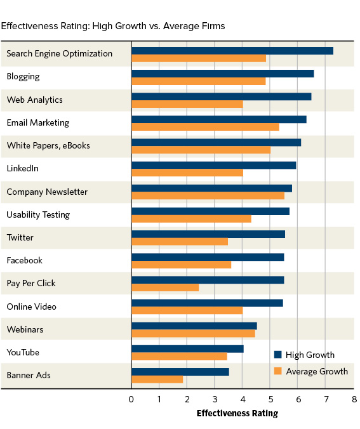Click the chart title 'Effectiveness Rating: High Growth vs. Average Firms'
113,26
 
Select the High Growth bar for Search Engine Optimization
232,50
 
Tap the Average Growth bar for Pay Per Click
165,287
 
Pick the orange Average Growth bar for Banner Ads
157,379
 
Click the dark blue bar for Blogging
222,73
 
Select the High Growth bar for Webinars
194,326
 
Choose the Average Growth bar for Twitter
179,242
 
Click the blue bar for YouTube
187,349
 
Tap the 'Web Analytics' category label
34,100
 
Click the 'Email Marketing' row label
37,122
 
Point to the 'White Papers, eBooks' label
48,145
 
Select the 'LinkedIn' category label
23,168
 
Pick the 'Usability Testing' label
38,214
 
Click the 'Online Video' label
31,307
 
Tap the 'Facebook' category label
24,260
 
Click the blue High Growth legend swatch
277,355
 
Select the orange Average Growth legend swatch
277,371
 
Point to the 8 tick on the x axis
354,399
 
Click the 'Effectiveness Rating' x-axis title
237,414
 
